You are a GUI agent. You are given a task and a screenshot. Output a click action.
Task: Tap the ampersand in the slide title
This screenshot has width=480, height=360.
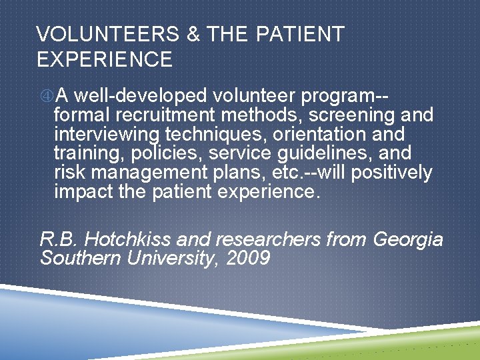pyautogui.click(x=193, y=35)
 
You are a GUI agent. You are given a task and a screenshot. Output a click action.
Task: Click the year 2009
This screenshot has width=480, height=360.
pyautogui.click(x=249, y=259)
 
